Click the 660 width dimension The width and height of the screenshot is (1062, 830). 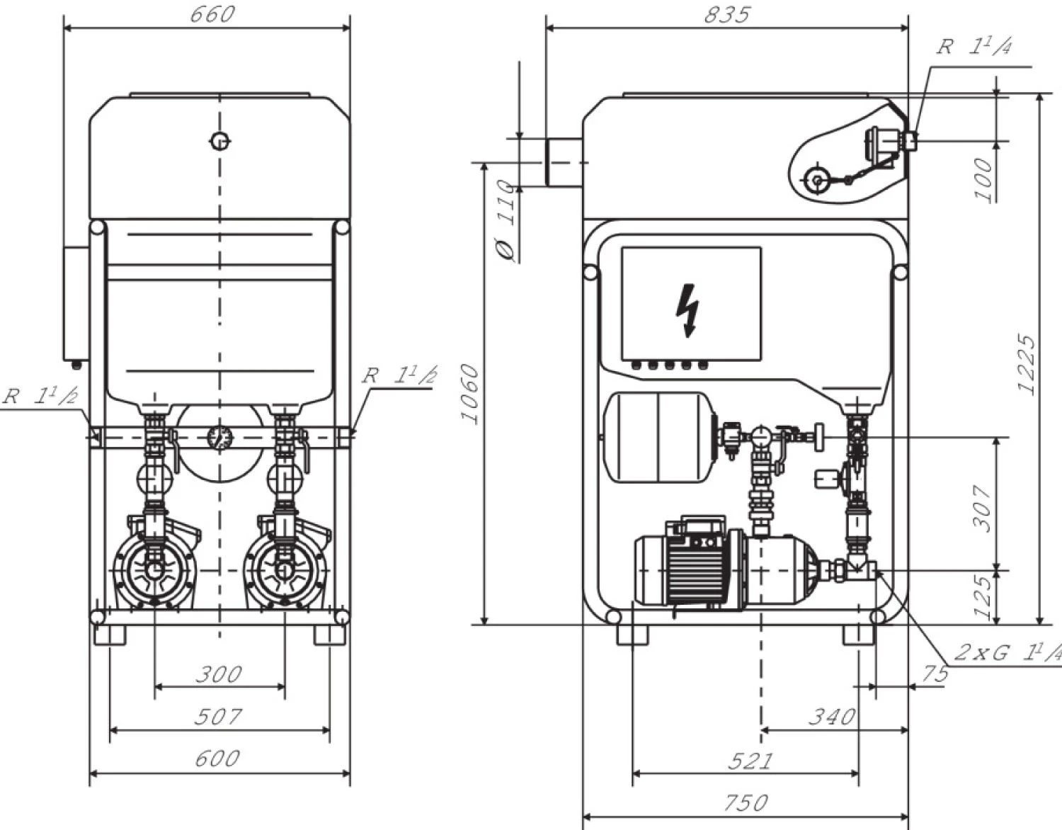(211, 14)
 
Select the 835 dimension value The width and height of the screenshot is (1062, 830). (726, 14)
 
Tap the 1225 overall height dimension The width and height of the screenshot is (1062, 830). (1027, 364)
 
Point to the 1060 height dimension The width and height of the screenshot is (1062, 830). (470, 393)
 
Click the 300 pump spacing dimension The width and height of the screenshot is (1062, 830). (219, 673)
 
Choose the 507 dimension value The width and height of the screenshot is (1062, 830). (218, 717)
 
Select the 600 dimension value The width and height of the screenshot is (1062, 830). (217, 758)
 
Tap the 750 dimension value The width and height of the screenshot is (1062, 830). (746, 802)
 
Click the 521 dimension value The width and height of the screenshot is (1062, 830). (749, 761)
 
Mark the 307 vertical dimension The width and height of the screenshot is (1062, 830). (982, 507)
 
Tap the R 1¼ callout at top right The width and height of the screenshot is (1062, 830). (974, 47)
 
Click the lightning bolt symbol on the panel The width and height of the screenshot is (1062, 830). (687, 309)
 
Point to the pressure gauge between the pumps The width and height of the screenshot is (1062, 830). (220, 438)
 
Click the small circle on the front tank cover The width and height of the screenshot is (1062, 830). (220, 141)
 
